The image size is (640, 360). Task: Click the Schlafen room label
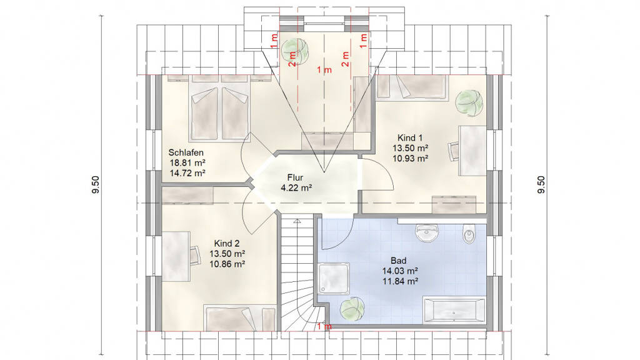(x=186, y=152)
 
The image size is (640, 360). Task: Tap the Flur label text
(x=295, y=177)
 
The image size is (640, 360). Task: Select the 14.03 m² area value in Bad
(x=400, y=271)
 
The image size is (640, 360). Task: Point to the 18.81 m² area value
(x=187, y=163)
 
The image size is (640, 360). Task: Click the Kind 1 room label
(x=410, y=138)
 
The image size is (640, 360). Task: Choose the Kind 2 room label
(x=226, y=244)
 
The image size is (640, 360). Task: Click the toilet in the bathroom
(x=469, y=234)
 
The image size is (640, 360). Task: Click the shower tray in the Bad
(x=334, y=278)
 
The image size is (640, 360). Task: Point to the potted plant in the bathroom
(x=352, y=309)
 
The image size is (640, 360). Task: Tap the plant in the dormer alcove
(x=296, y=51)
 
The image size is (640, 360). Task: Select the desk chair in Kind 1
(x=454, y=151)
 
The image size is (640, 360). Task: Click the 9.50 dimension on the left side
(x=96, y=185)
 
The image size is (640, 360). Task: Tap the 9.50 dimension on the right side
(x=541, y=185)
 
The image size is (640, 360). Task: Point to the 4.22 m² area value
(x=296, y=188)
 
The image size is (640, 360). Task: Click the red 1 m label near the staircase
(x=324, y=326)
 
